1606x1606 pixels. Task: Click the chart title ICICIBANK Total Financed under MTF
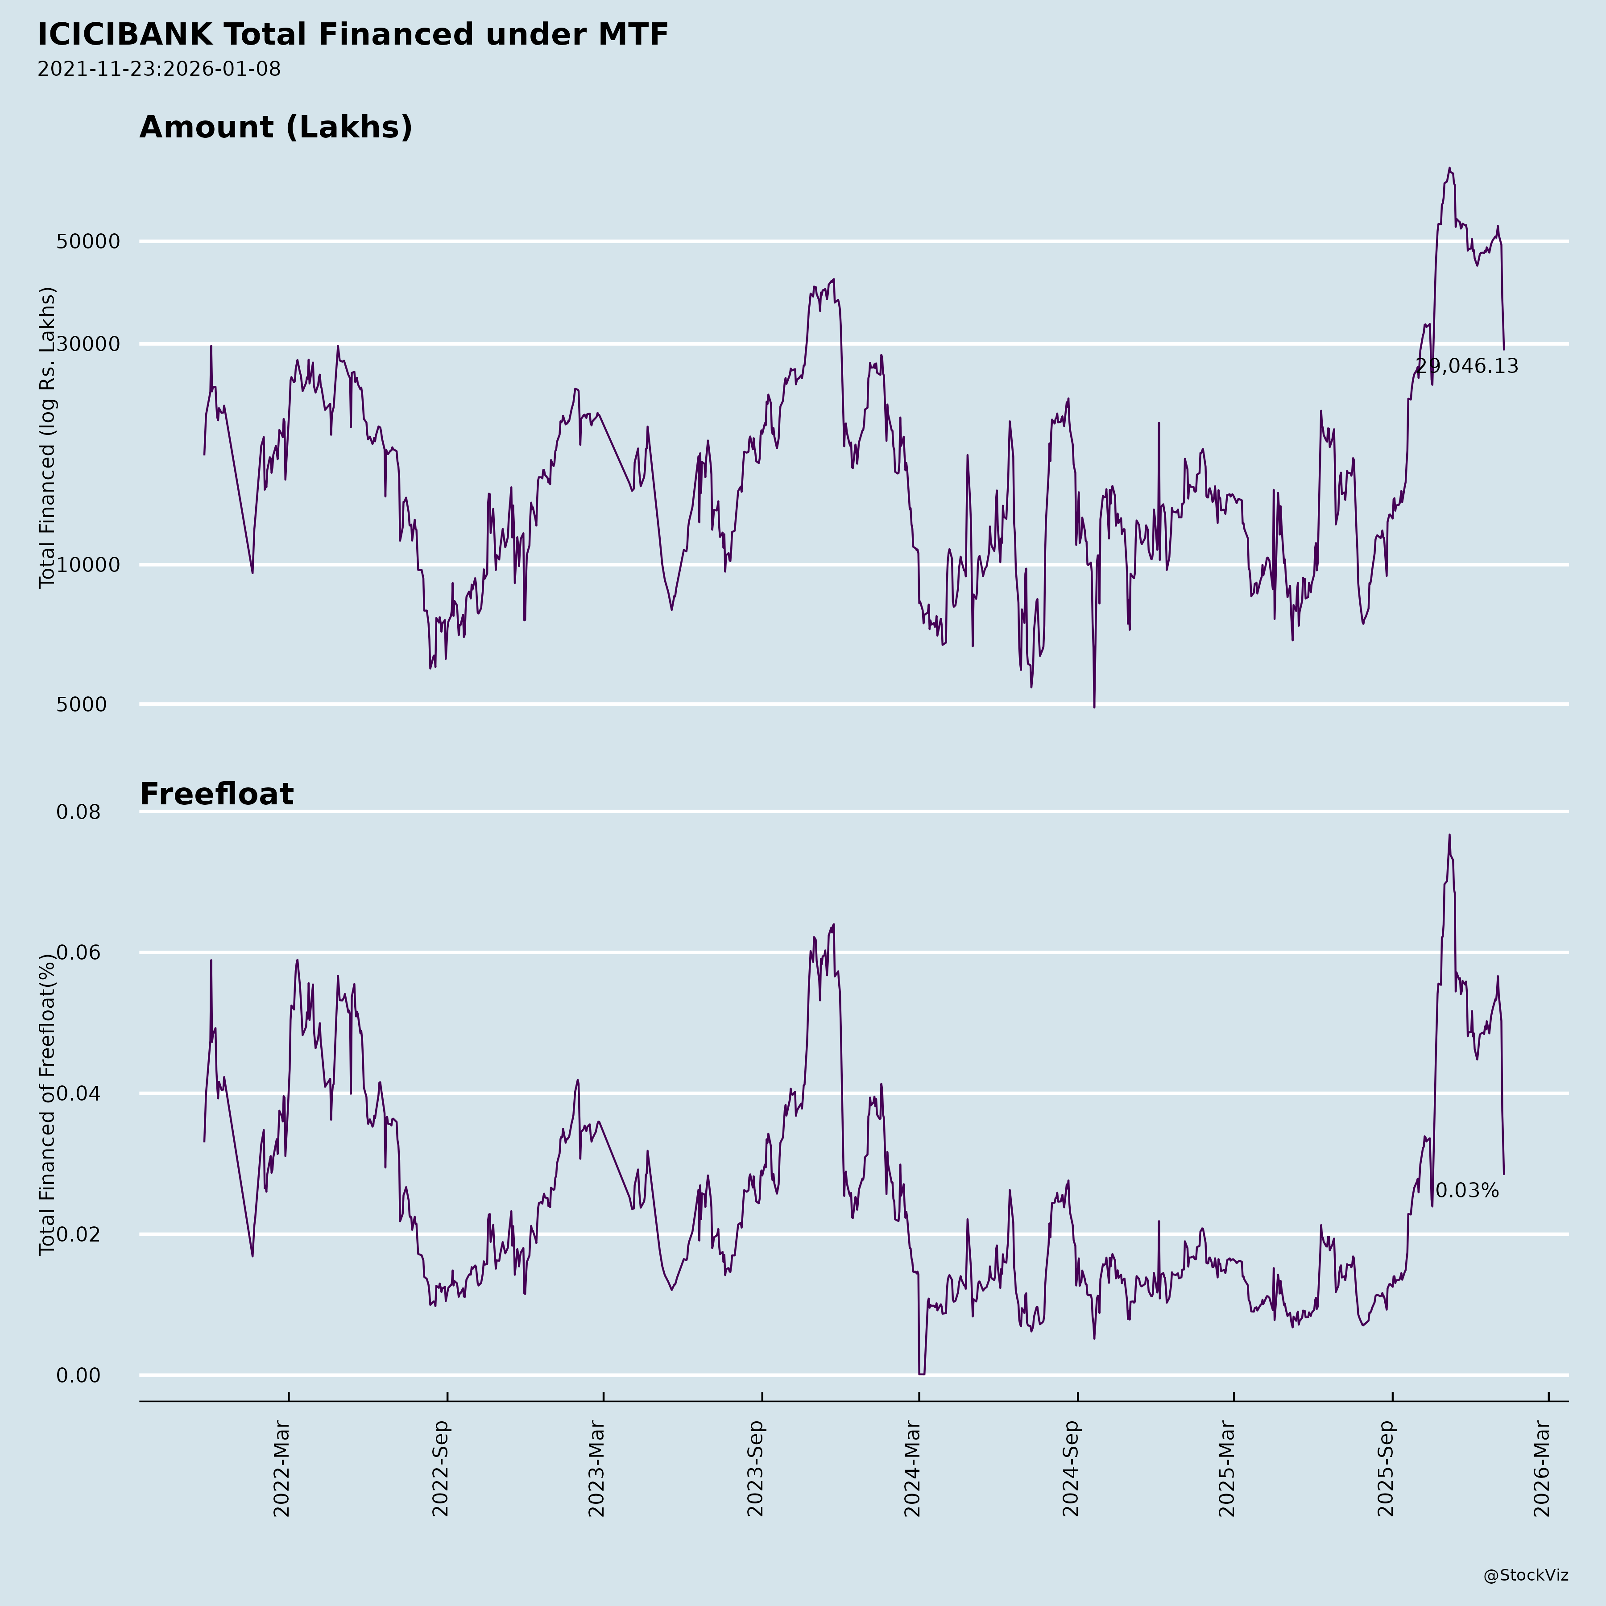(x=352, y=35)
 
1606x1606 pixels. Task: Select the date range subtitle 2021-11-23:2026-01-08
(x=159, y=69)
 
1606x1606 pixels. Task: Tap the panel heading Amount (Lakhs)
(x=276, y=127)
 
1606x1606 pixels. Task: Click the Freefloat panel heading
(x=216, y=794)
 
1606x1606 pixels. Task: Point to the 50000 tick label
(x=88, y=242)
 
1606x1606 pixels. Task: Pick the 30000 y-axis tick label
(x=88, y=344)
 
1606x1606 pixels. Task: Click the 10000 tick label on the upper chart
(x=88, y=565)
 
